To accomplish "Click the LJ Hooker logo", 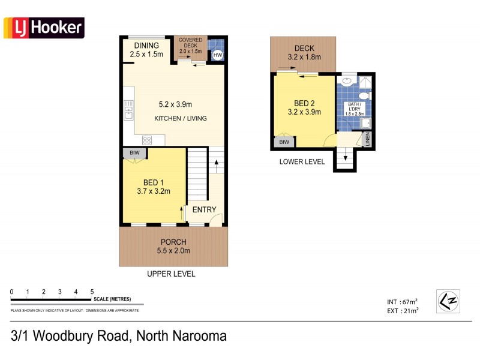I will click(44, 28).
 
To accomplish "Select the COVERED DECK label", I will click(190, 44).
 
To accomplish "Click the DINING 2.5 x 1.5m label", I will click(146, 50).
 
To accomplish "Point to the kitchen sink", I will click(128, 109).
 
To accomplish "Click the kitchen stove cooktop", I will click(146, 140).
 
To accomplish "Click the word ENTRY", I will click(205, 209).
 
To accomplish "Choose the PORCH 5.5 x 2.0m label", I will click(173, 247).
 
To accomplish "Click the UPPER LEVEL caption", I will click(171, 274).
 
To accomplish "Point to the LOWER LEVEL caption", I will click(302, 161).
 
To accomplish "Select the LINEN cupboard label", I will click(368, 139).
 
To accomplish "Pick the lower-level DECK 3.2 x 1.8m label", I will click(305, 53).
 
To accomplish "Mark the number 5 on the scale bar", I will click(92, 292).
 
